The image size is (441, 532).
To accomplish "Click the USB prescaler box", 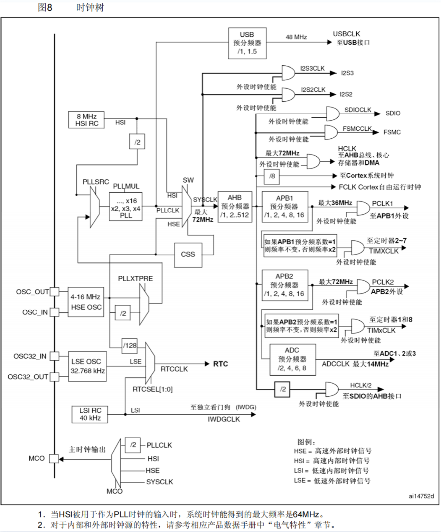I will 247,43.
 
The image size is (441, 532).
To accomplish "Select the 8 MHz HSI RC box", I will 86,120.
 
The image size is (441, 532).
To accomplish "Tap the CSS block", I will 188,255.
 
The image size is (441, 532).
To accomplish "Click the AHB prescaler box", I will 235,207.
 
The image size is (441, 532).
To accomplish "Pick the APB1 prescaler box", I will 284,207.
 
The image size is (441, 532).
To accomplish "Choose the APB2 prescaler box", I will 284,285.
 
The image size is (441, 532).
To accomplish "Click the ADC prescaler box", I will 292,359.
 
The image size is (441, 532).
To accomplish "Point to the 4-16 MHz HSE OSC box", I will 86,302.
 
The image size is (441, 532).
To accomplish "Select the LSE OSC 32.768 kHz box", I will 87,366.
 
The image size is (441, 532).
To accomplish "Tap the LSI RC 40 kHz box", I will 90,414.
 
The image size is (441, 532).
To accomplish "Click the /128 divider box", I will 130,346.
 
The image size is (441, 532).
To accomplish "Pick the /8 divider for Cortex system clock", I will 272,176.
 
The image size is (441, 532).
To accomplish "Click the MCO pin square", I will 54,458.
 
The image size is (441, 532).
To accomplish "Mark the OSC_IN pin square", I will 54,312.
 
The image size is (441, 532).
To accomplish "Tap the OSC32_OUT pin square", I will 54,377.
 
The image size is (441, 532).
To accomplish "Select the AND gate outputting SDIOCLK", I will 332,113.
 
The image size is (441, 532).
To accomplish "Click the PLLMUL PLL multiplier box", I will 126,207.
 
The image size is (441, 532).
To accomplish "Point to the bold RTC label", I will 220,364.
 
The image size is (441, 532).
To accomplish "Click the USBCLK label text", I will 346,34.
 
